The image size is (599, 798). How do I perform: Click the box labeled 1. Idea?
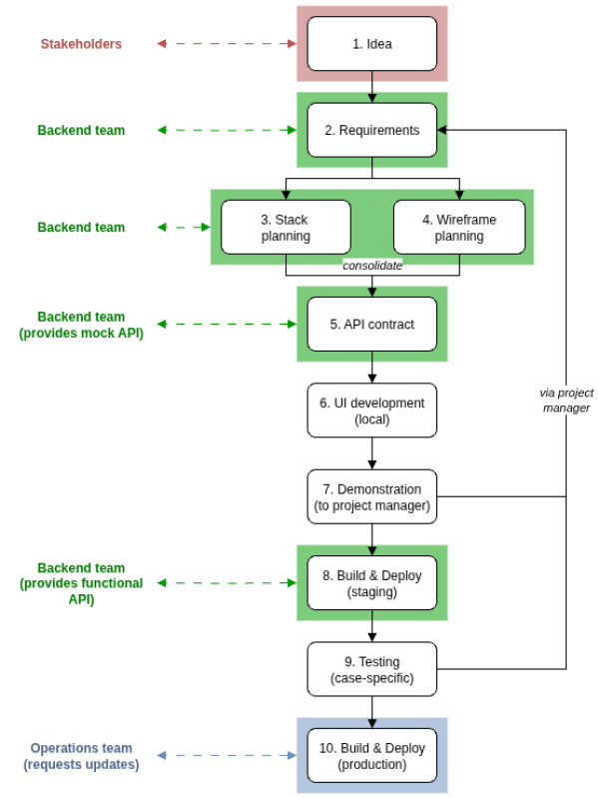371,44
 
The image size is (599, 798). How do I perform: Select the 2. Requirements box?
371,130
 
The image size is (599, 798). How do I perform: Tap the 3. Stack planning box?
286,227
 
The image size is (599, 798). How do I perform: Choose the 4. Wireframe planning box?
459,227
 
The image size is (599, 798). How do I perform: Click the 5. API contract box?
371,324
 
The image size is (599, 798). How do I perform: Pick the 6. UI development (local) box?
371,410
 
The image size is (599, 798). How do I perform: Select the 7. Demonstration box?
371,496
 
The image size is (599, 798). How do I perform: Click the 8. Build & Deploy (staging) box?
371,583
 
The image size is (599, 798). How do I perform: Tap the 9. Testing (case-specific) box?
371,669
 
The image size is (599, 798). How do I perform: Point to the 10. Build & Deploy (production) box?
371,756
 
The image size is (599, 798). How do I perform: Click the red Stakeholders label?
81,44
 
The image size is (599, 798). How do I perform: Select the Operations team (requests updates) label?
81,756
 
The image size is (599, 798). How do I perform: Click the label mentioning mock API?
81,325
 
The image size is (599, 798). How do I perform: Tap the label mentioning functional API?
81,583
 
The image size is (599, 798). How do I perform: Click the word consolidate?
372,266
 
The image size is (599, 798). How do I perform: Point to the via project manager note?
566,399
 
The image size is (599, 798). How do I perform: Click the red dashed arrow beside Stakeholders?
228,44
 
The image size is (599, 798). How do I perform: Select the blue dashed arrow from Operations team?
228,756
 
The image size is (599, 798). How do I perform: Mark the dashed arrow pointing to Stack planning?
184,227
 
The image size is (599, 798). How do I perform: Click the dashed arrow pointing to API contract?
228,324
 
